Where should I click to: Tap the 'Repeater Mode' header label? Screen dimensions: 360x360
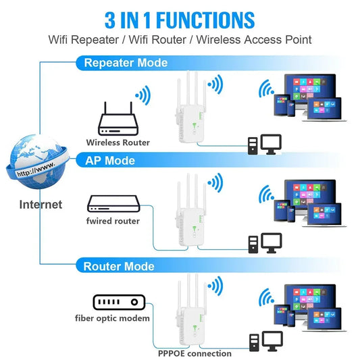tap(125, 63)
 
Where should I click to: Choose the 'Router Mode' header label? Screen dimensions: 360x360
tap(119, 266)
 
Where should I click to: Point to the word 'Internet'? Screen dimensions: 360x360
tap(41, 204)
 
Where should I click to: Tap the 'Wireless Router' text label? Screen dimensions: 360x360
tap(118, 143)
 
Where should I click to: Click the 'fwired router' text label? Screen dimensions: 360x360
tap(113, 221)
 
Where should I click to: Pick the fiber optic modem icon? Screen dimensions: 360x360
tap(119, 303)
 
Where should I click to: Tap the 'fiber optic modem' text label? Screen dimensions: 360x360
tap(112, 318)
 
